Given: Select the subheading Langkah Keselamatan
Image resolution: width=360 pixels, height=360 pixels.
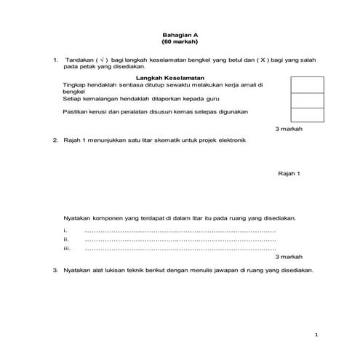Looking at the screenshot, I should (x=169, y=77).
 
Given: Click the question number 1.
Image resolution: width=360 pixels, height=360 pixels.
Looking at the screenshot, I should (x=55, y=60).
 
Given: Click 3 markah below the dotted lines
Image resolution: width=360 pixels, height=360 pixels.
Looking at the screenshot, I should (x=289, y=257).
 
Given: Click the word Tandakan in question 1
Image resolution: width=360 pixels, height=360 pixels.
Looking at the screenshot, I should (x=80, y=60).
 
